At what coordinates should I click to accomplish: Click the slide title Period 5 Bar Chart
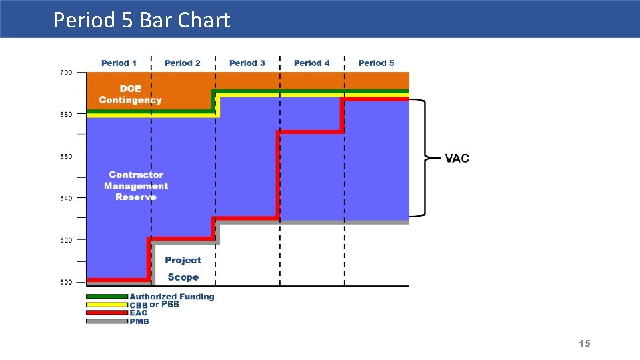(x=141, y=20)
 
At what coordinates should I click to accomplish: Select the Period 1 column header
(x=119, y=63)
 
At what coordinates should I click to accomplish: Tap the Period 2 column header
(x=183, y=63)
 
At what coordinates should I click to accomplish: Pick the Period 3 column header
(x=247, y=63)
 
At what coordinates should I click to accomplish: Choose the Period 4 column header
(x=312, y=63)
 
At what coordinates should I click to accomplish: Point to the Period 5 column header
(x=377, y=63)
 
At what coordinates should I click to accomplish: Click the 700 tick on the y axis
(x=66, y=72)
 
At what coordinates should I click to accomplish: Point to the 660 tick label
(x=66, y=157)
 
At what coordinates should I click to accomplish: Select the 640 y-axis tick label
(x=66, y=198)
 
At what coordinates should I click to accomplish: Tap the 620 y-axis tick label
(x=66, y=240)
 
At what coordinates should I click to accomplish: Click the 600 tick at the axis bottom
(x=66, y=283)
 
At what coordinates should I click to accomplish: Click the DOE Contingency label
(x=131, y=95)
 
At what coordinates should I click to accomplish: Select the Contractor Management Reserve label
(x=136, y=186)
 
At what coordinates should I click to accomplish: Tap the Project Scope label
(x=183, y=269)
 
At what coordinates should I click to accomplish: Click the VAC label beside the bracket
(x=457, y=159)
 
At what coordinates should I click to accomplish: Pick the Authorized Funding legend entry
(x=172, y=297)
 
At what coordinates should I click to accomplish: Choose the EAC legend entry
(x=139, y=313)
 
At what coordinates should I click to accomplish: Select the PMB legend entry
(x=139, y=321)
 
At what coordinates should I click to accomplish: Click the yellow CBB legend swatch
(x=107, y=305)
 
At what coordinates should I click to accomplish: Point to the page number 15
(x=585, y=343)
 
